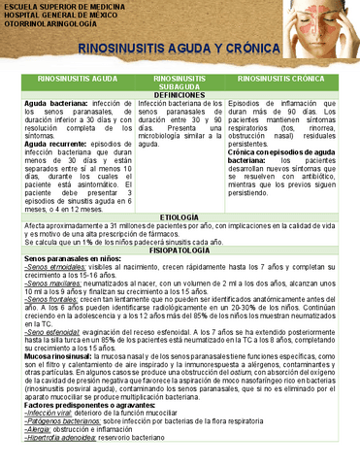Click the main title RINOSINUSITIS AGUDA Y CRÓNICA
pyautogui.click(x=178, y=49)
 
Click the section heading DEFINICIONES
pyautogui.click(x=180, y=94)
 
